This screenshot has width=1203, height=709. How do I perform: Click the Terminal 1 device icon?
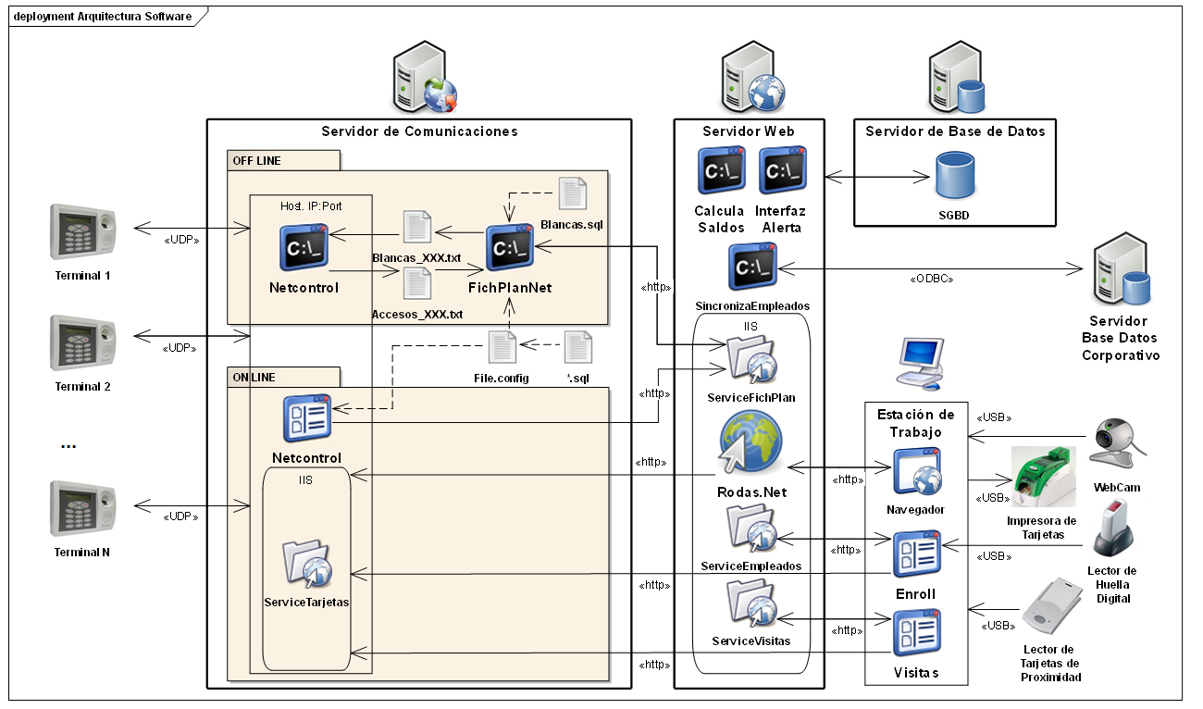(82, 230)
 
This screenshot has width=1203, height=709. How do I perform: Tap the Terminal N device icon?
(82, 508)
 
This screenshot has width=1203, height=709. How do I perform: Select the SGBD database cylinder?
(954, 175)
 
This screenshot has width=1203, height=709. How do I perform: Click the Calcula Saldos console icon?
(721, 169)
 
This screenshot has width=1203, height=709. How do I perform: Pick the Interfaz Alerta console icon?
(783, 169)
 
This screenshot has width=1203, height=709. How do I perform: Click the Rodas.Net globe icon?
(750, 444)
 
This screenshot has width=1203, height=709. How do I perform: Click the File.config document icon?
(502, 348)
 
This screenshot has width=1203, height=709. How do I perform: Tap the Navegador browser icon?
(916, 473)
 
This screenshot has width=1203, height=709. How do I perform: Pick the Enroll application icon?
(916, 554)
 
